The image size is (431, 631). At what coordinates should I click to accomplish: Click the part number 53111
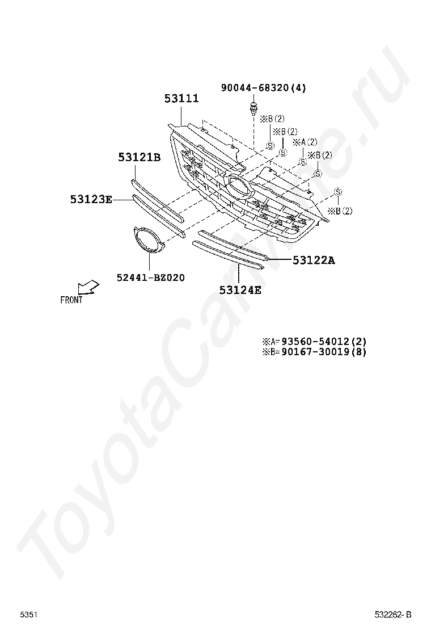[x=181, y=99]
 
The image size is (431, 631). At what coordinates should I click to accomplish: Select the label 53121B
[x=139, y=157]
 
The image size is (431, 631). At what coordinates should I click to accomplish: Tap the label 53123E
[x=91, y=199]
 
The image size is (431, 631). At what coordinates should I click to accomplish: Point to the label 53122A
[x=314, y=260]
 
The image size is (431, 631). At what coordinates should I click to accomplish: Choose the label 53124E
[x=240, y=291]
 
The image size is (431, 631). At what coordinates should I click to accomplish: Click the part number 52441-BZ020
[x=150, y=277]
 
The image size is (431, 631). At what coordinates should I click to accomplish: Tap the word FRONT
[x=71, y=300]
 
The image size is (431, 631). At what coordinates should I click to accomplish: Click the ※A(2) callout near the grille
[x=305, y=142]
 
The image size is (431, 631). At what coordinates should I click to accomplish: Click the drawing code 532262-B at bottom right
[x=392, y=615]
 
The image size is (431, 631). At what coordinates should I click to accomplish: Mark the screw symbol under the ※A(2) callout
[x=303, y=162]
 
